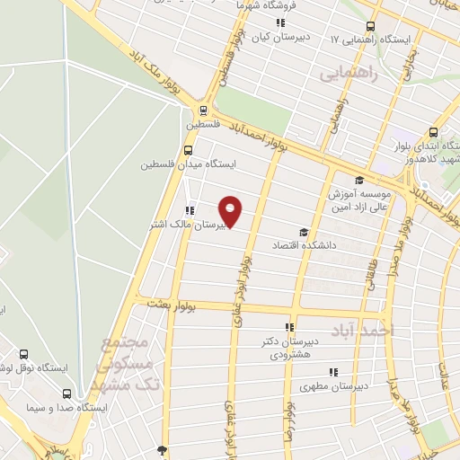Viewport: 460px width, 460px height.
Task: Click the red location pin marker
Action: pyautogui.click(x=231, y=210)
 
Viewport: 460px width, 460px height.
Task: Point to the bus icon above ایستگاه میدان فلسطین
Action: pyautogui.click(x=188, y=150)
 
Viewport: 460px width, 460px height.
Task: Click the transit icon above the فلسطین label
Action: pyautogui.click(x=203, y=112)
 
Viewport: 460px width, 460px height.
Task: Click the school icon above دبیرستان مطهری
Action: pyautogui.click(x=332, y=372)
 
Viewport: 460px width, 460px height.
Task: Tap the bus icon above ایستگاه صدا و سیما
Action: pyautogui.click(x=66, y=393)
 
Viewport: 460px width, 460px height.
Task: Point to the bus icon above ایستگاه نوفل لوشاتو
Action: pyautogui.click(x=22, y=355)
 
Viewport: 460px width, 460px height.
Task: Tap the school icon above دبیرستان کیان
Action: pyautogui.click(x=279, y=23)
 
